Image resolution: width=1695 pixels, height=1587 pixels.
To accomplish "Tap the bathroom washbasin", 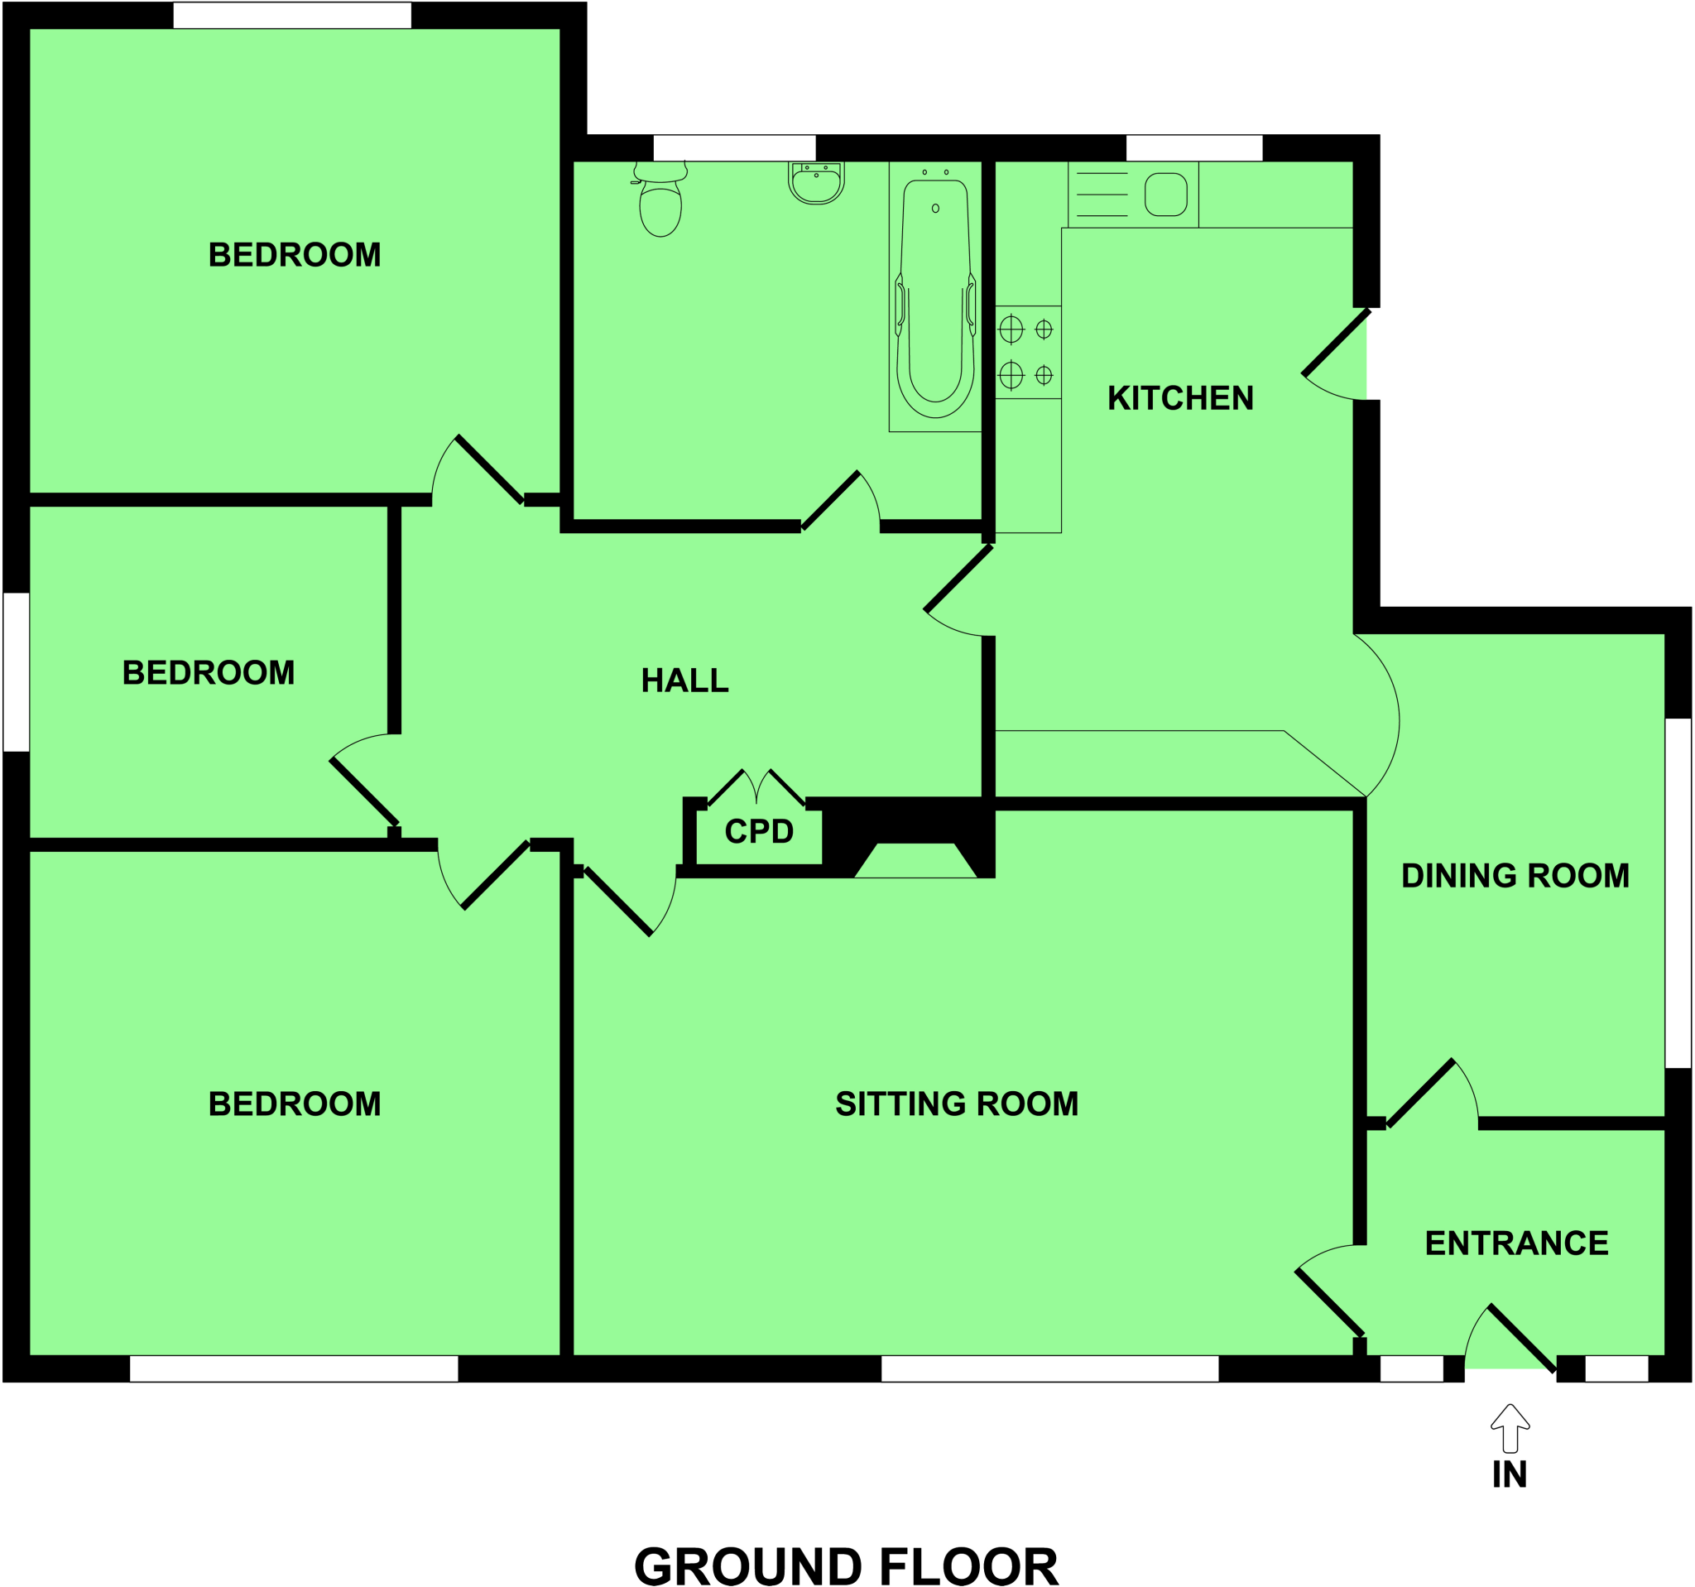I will click(x=816, y=183).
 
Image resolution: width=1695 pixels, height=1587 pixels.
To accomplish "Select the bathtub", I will click(x=935, y=299).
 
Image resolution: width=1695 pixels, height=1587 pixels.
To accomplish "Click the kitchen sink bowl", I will click(x=1165, y=195).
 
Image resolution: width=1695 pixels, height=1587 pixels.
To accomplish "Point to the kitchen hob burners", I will click(x=1027, y=351).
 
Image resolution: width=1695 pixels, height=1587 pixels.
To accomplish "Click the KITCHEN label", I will click(x=1180, y=398).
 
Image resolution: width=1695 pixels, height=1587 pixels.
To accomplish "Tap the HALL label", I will click(x=684, y=680).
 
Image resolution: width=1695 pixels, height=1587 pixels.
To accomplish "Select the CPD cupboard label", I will click(x=759, y=831).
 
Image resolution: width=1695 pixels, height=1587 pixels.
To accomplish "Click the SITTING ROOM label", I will click(x=957, y=1104).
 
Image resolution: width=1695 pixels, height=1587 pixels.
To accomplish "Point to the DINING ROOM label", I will click(x=1515, y=876).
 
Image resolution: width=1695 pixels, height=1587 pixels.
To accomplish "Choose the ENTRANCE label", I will click(x=1516, y=1243).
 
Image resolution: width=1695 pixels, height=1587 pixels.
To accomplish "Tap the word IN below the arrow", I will click(x=1509, y=1474).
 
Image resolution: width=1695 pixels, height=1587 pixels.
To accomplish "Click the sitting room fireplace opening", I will click(x=915, y=860).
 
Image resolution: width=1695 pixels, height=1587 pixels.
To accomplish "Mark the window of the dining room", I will click(x=1678, y=893).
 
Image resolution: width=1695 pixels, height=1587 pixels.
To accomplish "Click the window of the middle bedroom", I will click(x=17, y=672).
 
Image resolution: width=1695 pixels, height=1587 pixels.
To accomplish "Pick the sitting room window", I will click(x=1049, y=1368).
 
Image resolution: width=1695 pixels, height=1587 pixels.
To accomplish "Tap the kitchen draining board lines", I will click(x=1102, y=195).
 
